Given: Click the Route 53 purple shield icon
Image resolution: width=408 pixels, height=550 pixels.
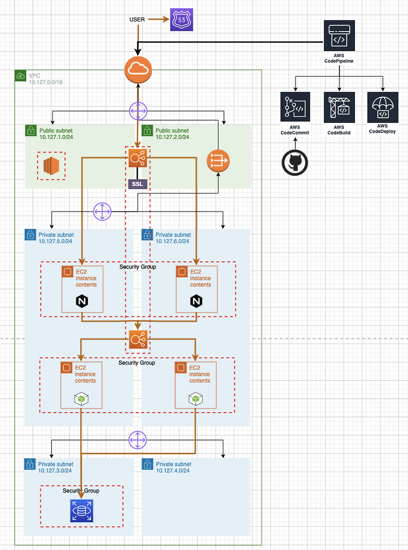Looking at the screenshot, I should (182, 20).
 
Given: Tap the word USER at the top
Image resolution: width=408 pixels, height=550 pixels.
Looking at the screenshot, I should (137, 20).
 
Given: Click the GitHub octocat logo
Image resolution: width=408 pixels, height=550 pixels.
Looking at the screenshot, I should (295, 162).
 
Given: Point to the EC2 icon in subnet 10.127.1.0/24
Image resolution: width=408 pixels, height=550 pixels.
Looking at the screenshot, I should (52, 165).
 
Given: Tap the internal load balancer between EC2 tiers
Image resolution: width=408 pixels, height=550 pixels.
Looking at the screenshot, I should (138, 339).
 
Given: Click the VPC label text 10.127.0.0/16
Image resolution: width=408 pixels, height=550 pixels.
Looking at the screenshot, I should (45, 82).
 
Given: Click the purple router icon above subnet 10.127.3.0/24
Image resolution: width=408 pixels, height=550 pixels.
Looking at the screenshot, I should (137, 439).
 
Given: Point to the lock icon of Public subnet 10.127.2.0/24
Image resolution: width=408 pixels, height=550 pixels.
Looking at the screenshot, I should (146, 131).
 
